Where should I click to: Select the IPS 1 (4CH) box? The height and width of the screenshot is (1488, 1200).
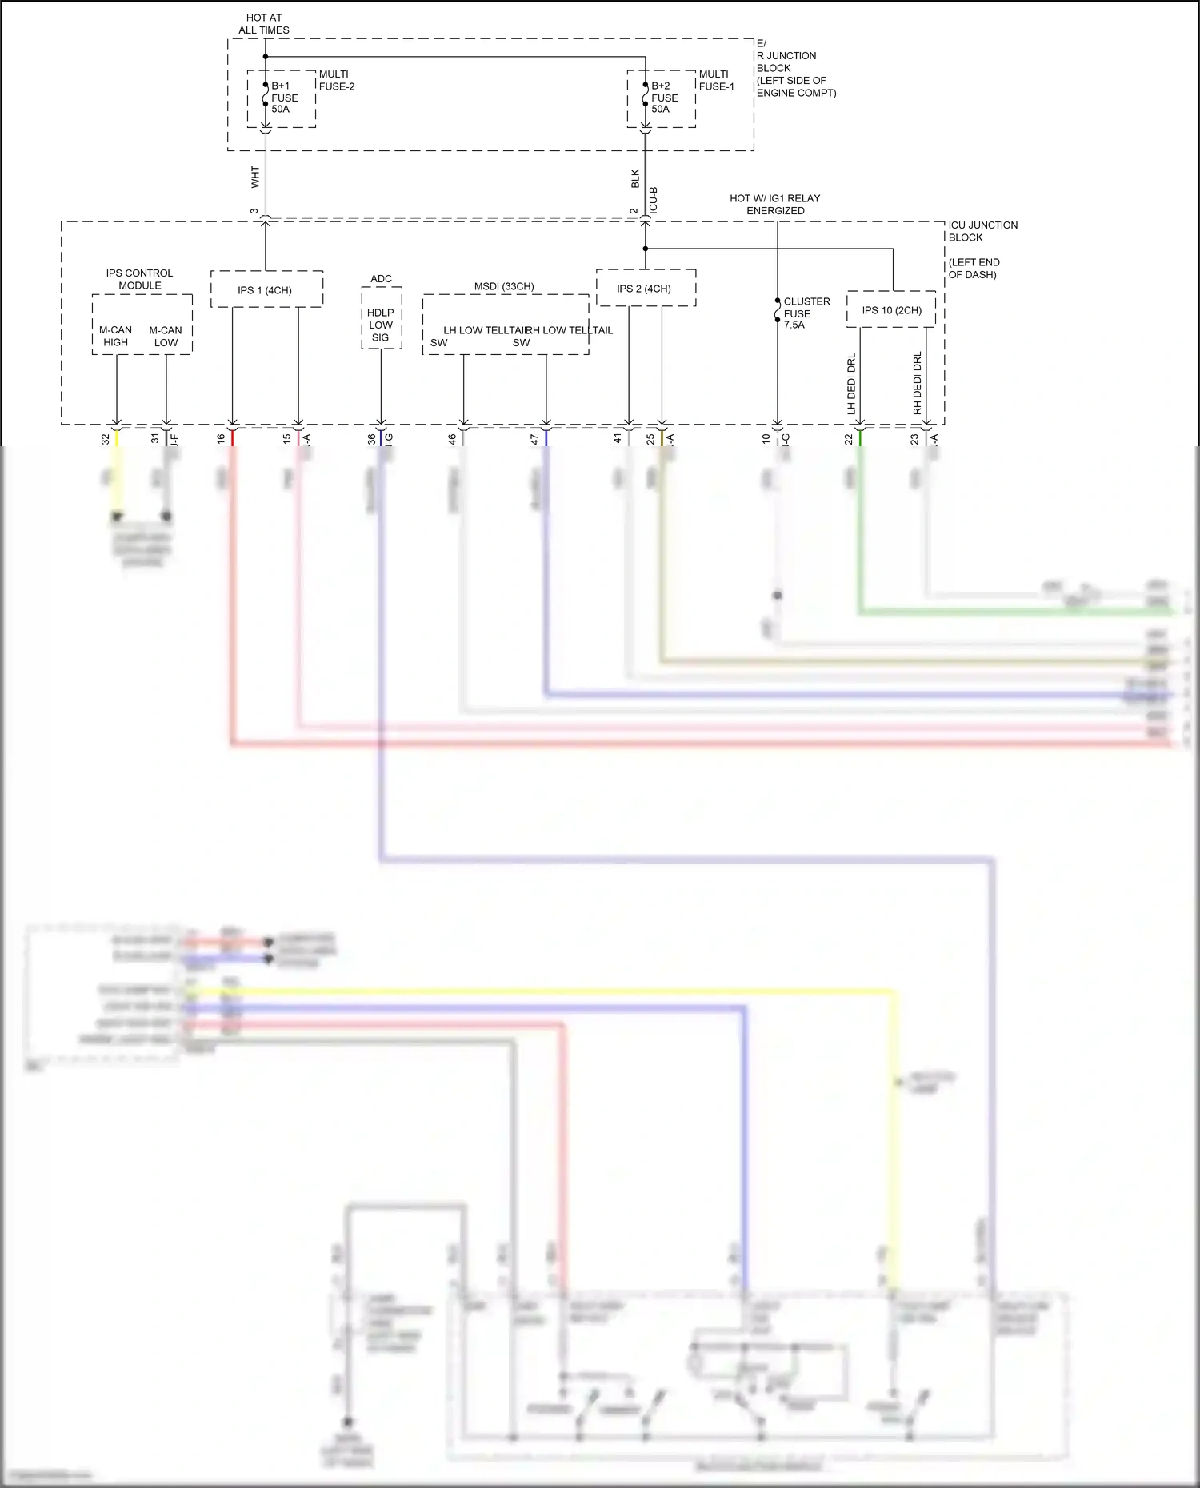(266, 289)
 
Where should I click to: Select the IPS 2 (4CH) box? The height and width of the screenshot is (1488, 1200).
(645, 288)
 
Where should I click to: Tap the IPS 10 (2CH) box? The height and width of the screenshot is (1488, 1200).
(891, 310)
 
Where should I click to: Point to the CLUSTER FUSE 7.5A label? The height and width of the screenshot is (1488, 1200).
(806, 313)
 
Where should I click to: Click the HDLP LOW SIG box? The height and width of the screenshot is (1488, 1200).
(381, 325)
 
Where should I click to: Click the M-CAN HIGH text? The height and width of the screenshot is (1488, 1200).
(115, 336)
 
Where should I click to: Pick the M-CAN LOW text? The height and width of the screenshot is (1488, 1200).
(166, 336)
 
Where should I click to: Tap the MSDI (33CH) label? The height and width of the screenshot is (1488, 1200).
(504, 286)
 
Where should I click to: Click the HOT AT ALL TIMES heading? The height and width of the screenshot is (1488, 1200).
(264, 24)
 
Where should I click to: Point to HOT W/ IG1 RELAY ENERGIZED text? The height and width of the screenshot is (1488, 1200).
(774, 205)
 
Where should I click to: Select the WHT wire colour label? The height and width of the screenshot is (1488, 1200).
(255, 177)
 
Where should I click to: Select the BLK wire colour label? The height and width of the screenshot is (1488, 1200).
(635, 178)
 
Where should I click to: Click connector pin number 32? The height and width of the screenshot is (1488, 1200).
(106, 439)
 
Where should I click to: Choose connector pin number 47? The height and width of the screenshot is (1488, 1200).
(534, 439)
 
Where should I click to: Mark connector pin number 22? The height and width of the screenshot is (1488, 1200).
(849, 439)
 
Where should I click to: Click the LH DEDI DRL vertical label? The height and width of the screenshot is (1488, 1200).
(851, 384)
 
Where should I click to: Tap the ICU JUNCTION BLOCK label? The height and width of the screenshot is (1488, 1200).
(982, 231)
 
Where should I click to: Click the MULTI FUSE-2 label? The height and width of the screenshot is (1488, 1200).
(337, 80)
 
